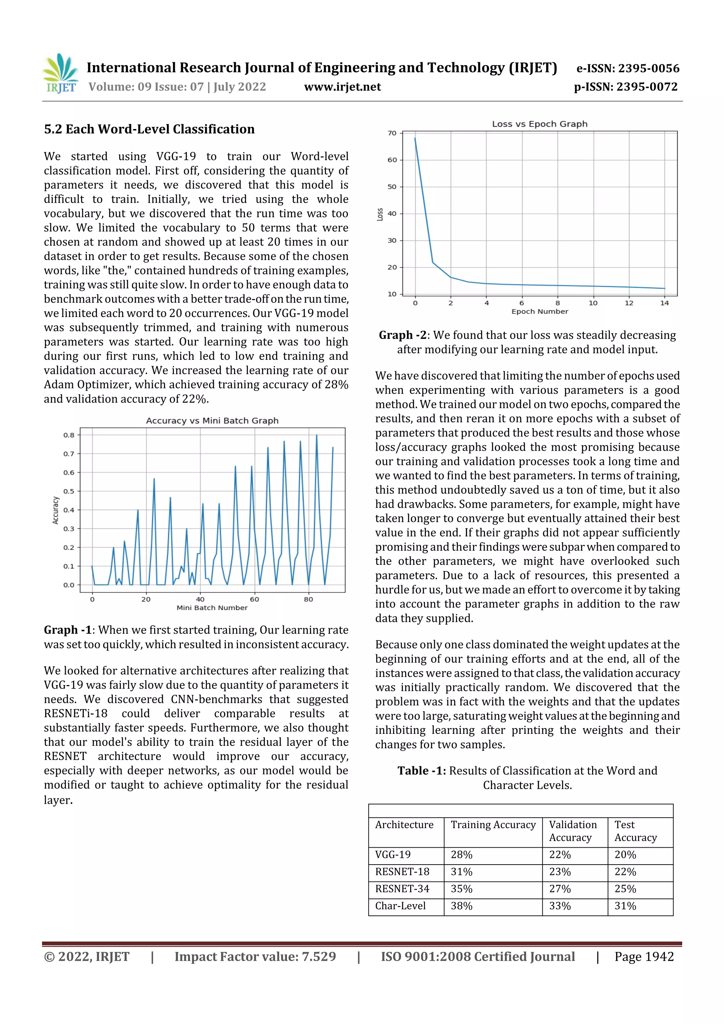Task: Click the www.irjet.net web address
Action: tap(342, 87)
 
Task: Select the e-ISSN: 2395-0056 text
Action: tap(627, 68)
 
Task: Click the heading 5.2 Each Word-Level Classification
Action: tap(149, 129)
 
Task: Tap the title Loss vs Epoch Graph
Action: tap(539, 124)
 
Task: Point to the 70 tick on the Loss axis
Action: tap(392, 133)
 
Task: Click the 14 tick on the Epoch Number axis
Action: tap(664, 303)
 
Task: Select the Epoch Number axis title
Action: tap(539, 311)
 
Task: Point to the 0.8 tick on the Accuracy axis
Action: tap(69, 435)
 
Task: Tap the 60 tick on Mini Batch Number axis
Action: tap(254, 599)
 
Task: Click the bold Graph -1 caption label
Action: tap(68, 630)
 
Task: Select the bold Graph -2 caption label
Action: tap(402, 335)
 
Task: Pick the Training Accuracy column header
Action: tap(492, 825)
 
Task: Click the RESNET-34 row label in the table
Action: tap(402, 889)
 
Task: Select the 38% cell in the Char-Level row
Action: tap(461, 906)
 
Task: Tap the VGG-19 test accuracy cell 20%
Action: tap(625, 855)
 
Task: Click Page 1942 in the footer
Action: tap(644, 956)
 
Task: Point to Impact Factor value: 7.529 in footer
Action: tap(255, 956)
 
